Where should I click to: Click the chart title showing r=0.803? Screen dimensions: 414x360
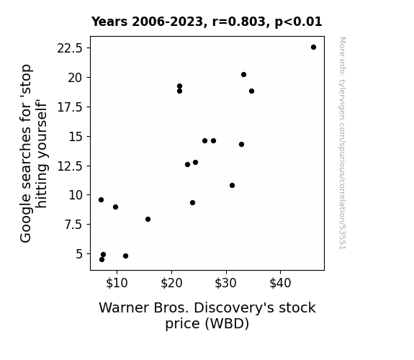(207, 22)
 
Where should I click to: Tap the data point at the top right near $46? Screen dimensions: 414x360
(313, 48)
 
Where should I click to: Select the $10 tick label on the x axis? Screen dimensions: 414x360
(117, 283)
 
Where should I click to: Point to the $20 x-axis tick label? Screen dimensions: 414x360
(171, 283)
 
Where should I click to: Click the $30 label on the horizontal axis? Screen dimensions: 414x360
(226, 283)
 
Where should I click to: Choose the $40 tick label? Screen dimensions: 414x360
(280, 283)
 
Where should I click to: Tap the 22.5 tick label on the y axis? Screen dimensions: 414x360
(70, 48)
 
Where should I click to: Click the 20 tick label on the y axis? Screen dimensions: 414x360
(76, 78)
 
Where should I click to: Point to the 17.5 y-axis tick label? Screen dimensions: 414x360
(70, 107)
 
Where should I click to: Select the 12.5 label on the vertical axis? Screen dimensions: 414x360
(70, 166)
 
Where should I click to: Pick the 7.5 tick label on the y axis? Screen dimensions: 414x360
(73, 225)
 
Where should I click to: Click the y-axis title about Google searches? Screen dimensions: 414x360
(33, 153)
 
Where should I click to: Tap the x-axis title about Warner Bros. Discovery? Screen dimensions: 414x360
(207, 315)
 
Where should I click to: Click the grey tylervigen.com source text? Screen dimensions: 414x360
(342, 143)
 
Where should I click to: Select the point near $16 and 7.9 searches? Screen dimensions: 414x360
(148, 219)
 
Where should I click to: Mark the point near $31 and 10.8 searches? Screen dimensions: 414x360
(232, 186)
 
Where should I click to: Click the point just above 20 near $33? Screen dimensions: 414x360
(243, 75)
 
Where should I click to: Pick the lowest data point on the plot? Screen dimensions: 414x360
(102, 260)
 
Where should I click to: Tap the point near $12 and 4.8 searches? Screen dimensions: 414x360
(126, 256)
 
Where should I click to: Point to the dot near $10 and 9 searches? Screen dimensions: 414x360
(115, 207)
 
